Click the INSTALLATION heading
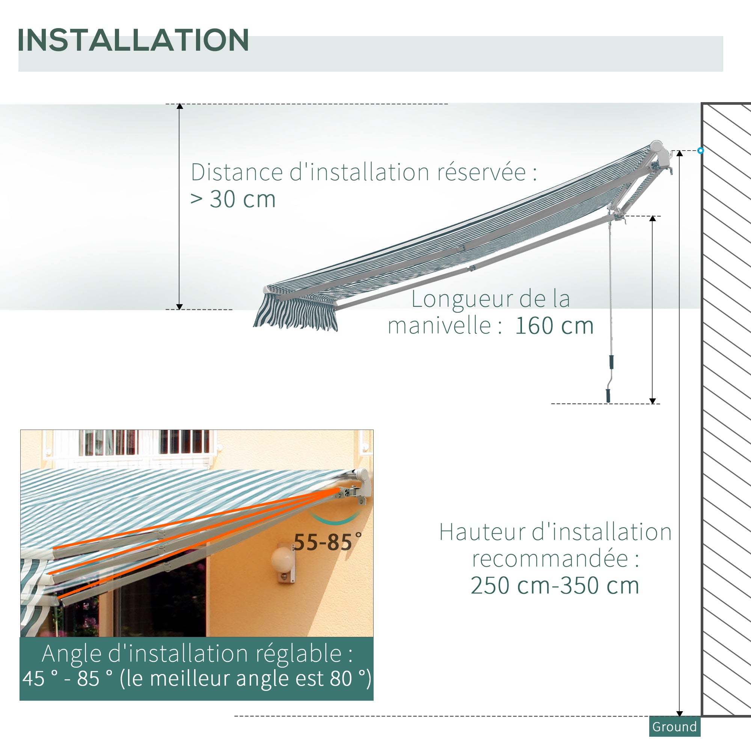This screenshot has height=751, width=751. (133, 40)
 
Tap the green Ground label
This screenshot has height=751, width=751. (674, 727)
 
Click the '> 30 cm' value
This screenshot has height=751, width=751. (233, 199)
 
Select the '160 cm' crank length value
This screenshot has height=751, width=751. (554, 326)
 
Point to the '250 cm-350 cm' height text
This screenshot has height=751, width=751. (555, 585)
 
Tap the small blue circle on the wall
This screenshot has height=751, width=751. (700, 151)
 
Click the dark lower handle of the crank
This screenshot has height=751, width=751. (608, 396)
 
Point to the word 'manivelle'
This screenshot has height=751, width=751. (439, 326)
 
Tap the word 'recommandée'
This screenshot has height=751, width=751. (550, 559)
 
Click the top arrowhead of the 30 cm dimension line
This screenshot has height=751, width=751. (179, 106)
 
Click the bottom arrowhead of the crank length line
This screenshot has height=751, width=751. (653, 401)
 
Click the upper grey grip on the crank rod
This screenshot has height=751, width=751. (611, 362)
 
